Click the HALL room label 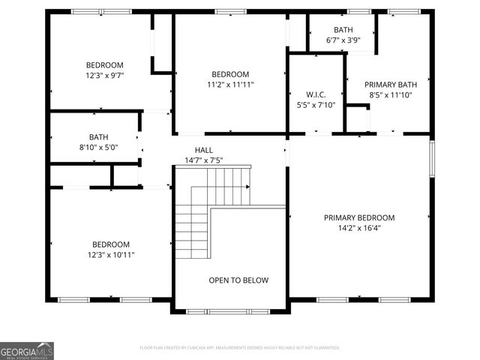pos(204,150)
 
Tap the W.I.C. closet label pos(315,94)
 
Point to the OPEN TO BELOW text pos(238,280)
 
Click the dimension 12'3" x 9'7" pos(104,76)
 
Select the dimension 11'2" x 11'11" pos(229,85)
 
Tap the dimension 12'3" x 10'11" pos(110,255)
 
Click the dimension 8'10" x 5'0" pos(98,148)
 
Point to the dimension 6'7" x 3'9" pos(343,40)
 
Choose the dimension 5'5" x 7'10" pos(315,105)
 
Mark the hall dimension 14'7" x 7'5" pos(204,160)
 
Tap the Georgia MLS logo pos(27,350)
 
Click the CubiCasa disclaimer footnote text pos(240,348)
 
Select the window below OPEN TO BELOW pos(228,311)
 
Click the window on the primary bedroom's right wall pos(431,159)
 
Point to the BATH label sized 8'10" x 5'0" pos(98,137)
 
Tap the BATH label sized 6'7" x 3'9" pos(343,30)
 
